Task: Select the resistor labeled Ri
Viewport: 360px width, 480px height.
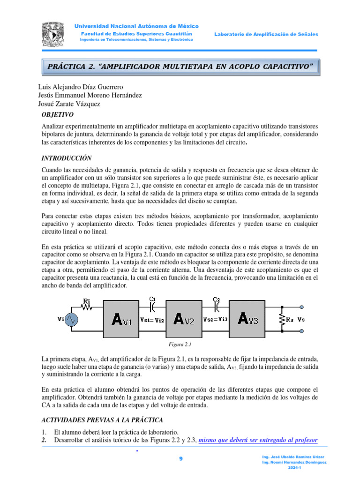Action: [87, 307]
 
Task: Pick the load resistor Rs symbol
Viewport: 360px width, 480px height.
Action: [282, 320]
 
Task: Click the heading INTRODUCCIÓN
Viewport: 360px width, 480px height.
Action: [67, 158]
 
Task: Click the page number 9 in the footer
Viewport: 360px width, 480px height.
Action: [180, 460]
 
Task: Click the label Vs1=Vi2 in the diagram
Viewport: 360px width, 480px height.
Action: [152, 320]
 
